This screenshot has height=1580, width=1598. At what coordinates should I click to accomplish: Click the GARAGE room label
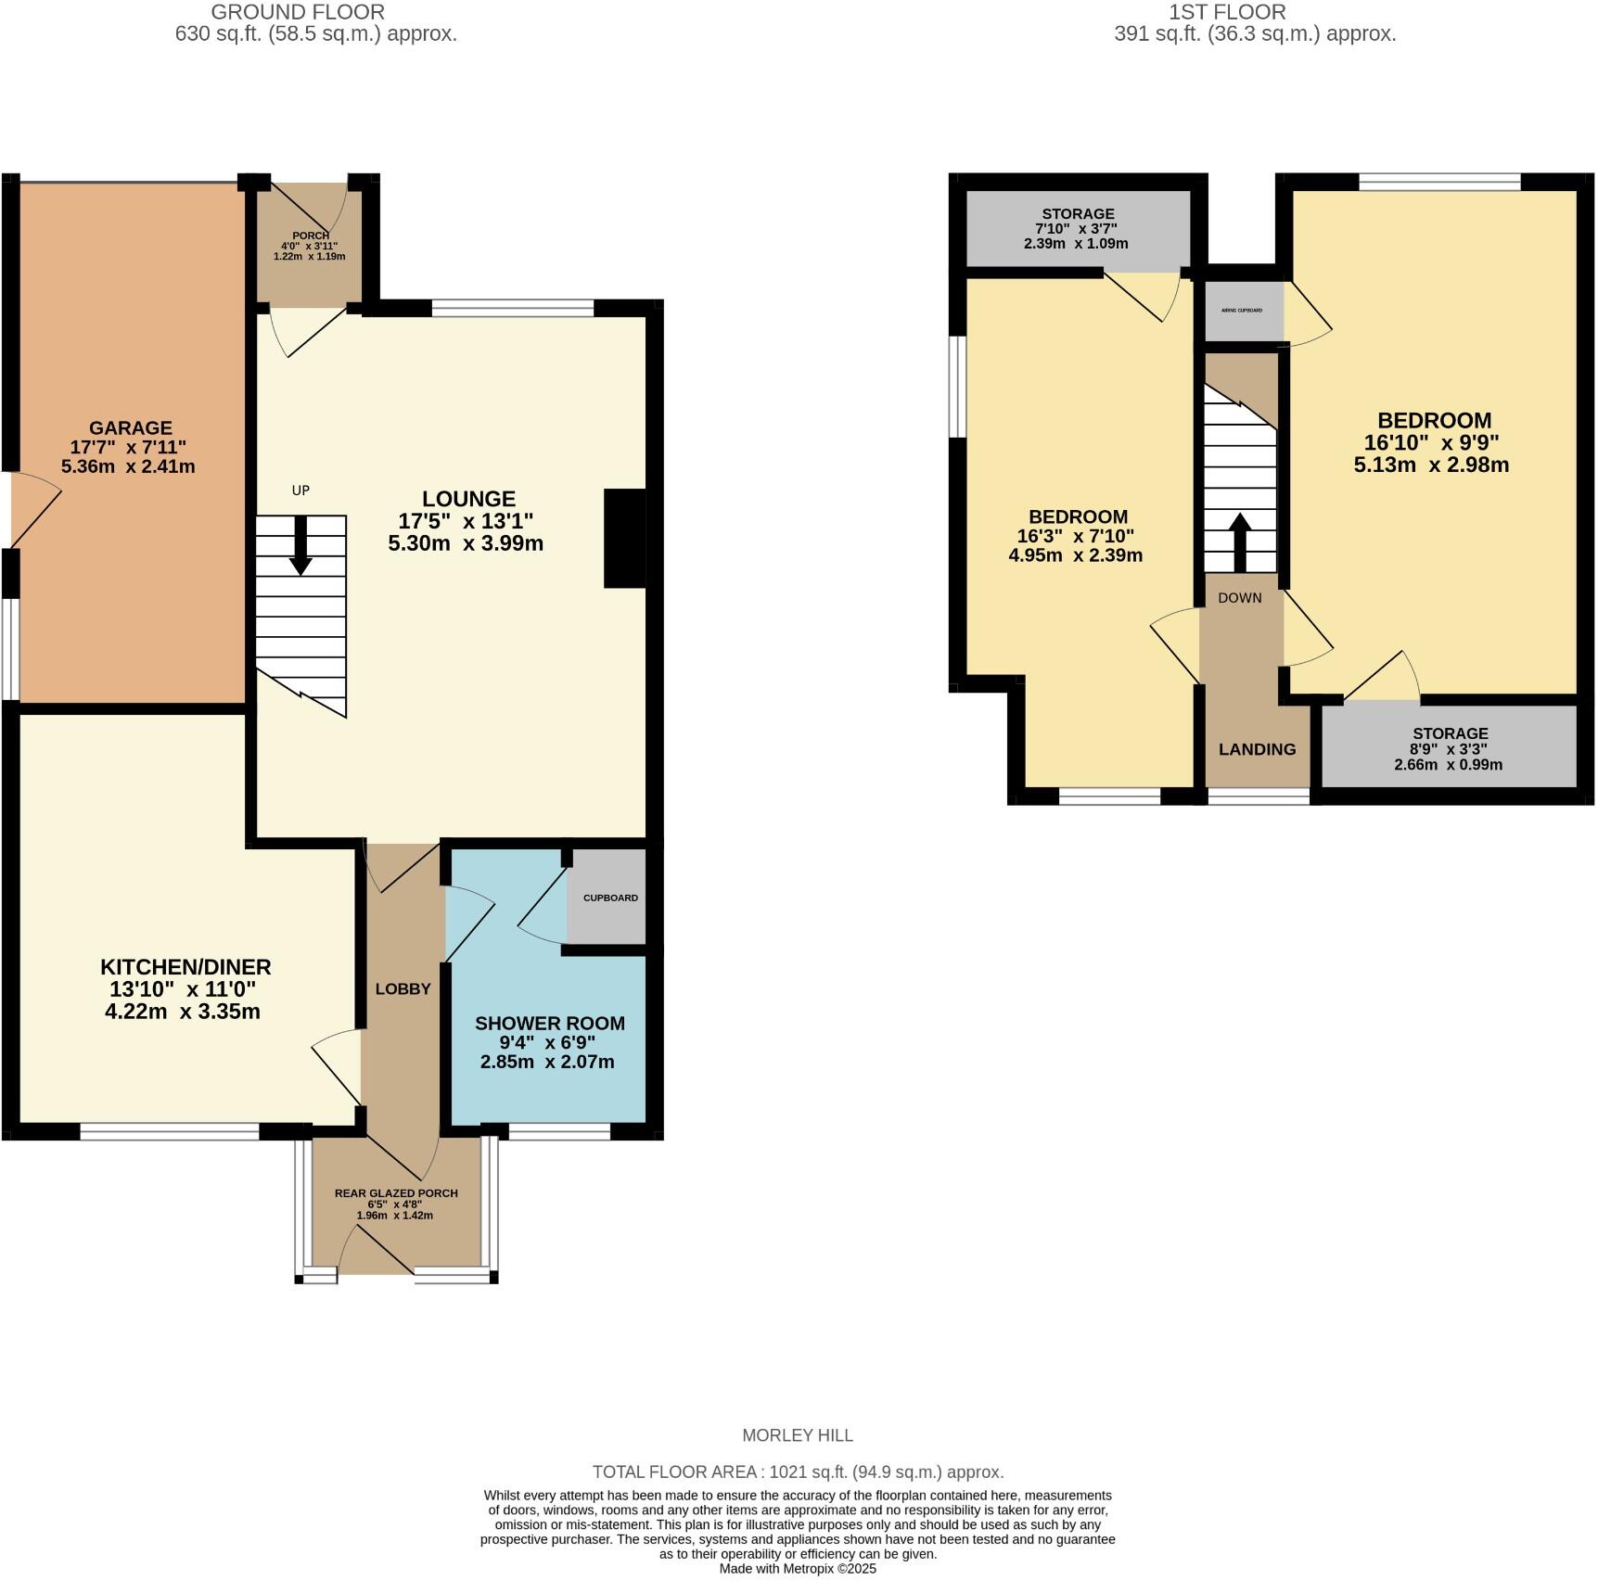coord(130,428)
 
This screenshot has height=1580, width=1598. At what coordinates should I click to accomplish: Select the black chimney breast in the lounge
coord(624,538)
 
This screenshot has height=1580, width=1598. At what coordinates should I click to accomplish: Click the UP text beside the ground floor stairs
coord(300,491)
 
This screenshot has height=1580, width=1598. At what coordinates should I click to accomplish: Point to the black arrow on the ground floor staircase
coord(300,548)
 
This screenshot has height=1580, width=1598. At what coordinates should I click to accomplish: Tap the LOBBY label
coord(403,989)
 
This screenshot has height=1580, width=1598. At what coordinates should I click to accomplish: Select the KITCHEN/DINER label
coord(185,967)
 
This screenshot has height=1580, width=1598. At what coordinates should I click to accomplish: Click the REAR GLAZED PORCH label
coord(396,1193)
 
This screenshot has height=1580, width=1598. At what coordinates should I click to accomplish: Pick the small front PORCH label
coord(310,236)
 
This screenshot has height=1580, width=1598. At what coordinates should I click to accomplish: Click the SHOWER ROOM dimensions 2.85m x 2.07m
coord(547,1062)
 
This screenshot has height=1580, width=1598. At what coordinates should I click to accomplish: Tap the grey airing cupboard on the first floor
coord(1242,311)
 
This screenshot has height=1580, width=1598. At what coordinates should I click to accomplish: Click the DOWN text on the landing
coord(1240,598)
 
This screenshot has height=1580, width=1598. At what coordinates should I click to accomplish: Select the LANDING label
coord(1257,749)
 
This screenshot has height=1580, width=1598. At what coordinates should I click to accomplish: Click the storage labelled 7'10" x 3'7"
coord(1077,228)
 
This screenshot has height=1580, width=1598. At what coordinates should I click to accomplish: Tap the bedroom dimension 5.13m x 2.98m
coord(1431,465)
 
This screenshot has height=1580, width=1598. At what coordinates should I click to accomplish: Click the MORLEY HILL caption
coord(798,1435)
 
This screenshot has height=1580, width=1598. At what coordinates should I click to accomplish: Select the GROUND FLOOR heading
coord(298,12)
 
